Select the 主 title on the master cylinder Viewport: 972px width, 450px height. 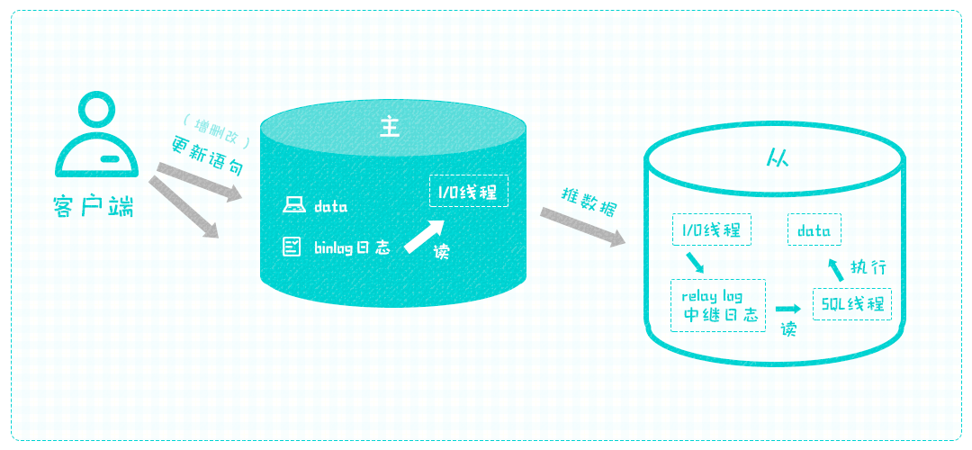(390, 127)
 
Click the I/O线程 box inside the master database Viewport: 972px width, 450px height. (469, 191)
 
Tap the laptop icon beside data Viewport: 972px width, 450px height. (292, 206)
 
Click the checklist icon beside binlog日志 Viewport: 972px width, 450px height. (292, 246)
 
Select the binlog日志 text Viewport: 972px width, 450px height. (352, 247)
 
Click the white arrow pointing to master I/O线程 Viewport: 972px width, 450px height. (424, 235)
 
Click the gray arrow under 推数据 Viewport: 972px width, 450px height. (582, 227)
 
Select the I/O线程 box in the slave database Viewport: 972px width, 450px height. (711, 229)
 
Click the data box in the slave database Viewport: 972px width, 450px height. (814, 230)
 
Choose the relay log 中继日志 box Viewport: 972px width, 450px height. (718, 306)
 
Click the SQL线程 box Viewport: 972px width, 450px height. (851, 303)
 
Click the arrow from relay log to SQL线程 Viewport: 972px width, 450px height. (788, 308)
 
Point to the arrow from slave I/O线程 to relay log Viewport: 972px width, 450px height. (695, 263)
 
